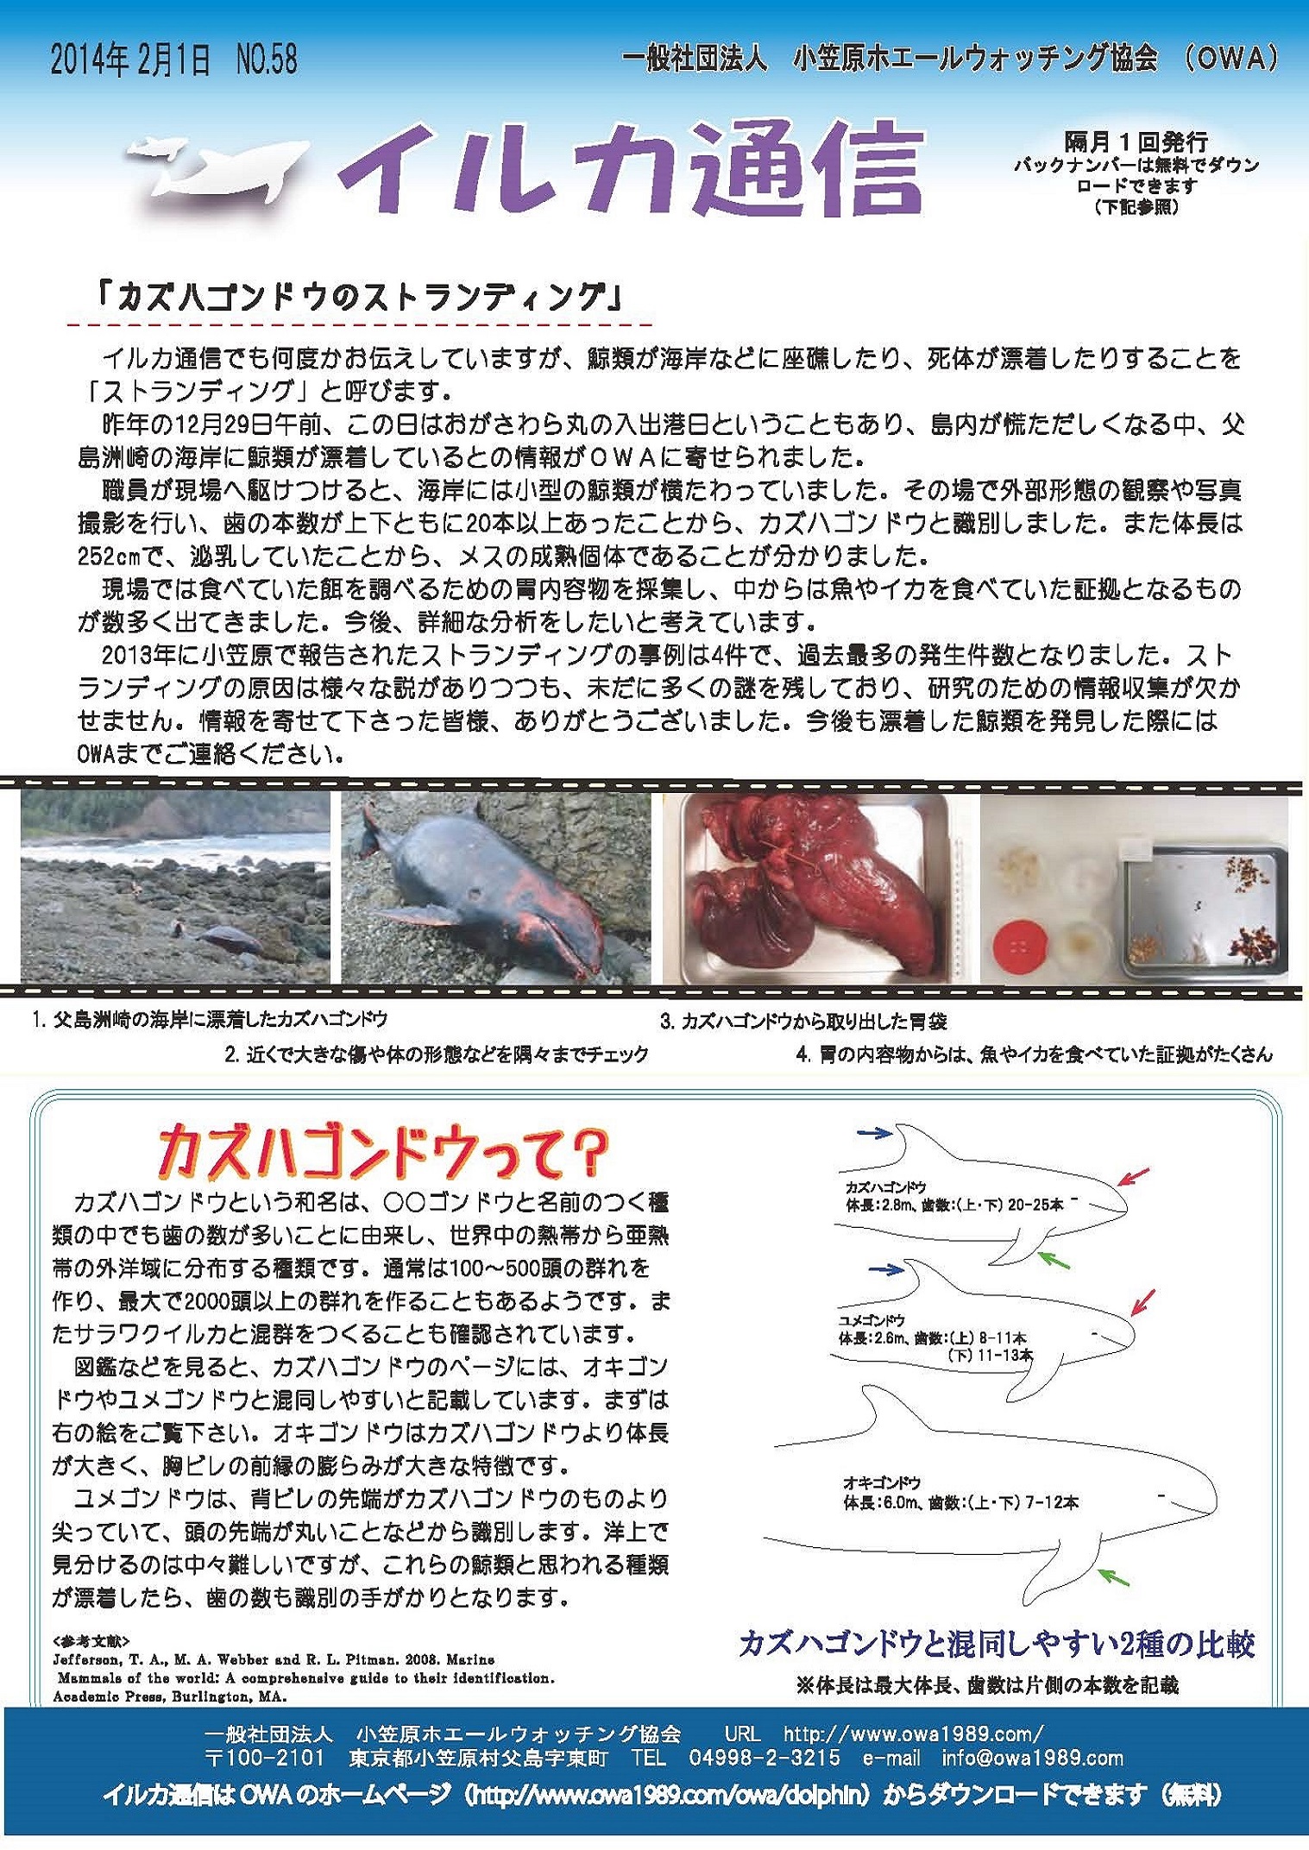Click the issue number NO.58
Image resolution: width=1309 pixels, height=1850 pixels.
click(x=266, y=60)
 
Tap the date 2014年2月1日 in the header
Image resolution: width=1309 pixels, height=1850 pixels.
click(x=130, y=60)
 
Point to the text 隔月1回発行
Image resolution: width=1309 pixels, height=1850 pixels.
click(x=1136, y=142)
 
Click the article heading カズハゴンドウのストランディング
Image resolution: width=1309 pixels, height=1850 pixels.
click(x=361, y=299)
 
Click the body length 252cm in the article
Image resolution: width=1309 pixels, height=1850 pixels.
click(x=110, y=557)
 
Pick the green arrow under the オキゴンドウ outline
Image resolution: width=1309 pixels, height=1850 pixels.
click(x=1115, y=1578)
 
